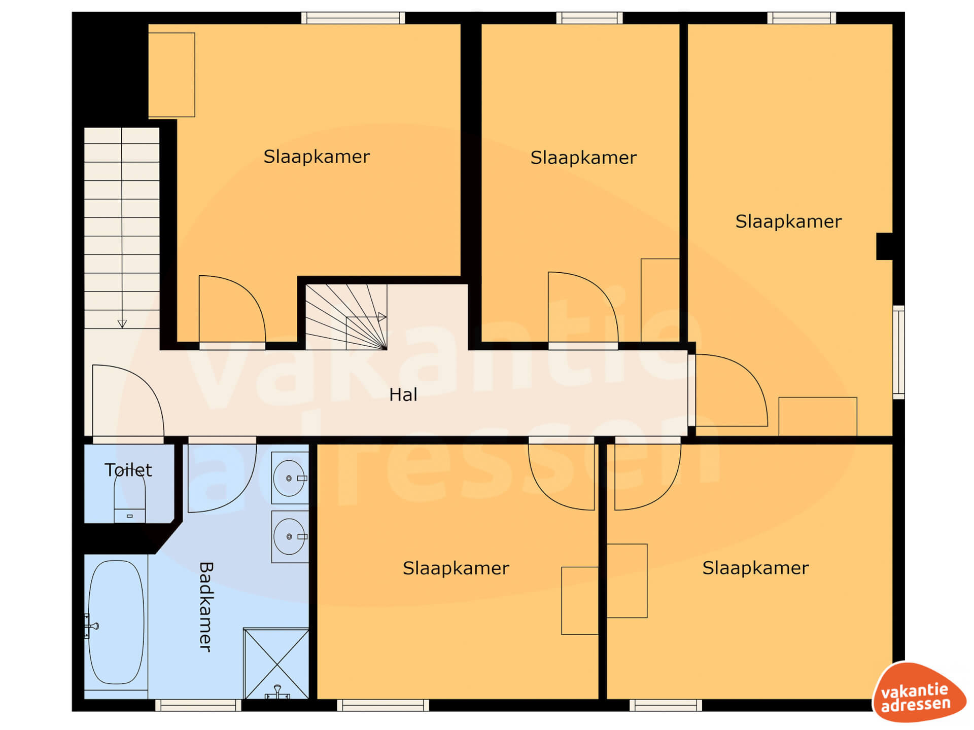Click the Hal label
[403, 394]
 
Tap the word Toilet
[128, 470]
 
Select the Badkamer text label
[205, 606]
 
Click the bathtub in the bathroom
[116, 622]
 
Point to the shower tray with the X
[276, 664]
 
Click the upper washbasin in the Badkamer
[290, 478]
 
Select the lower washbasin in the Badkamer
[290, 536]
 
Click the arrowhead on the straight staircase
[122, 323]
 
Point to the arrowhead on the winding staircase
[382, 317]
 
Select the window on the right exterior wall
[898, 352]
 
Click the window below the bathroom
[198, 705]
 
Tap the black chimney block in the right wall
[885, 246]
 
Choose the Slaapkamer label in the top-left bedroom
[317, 157]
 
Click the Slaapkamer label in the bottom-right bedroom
[755, 568]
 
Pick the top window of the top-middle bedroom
[589, 18]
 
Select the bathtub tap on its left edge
[91, 626]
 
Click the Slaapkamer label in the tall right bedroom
[788, 222]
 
